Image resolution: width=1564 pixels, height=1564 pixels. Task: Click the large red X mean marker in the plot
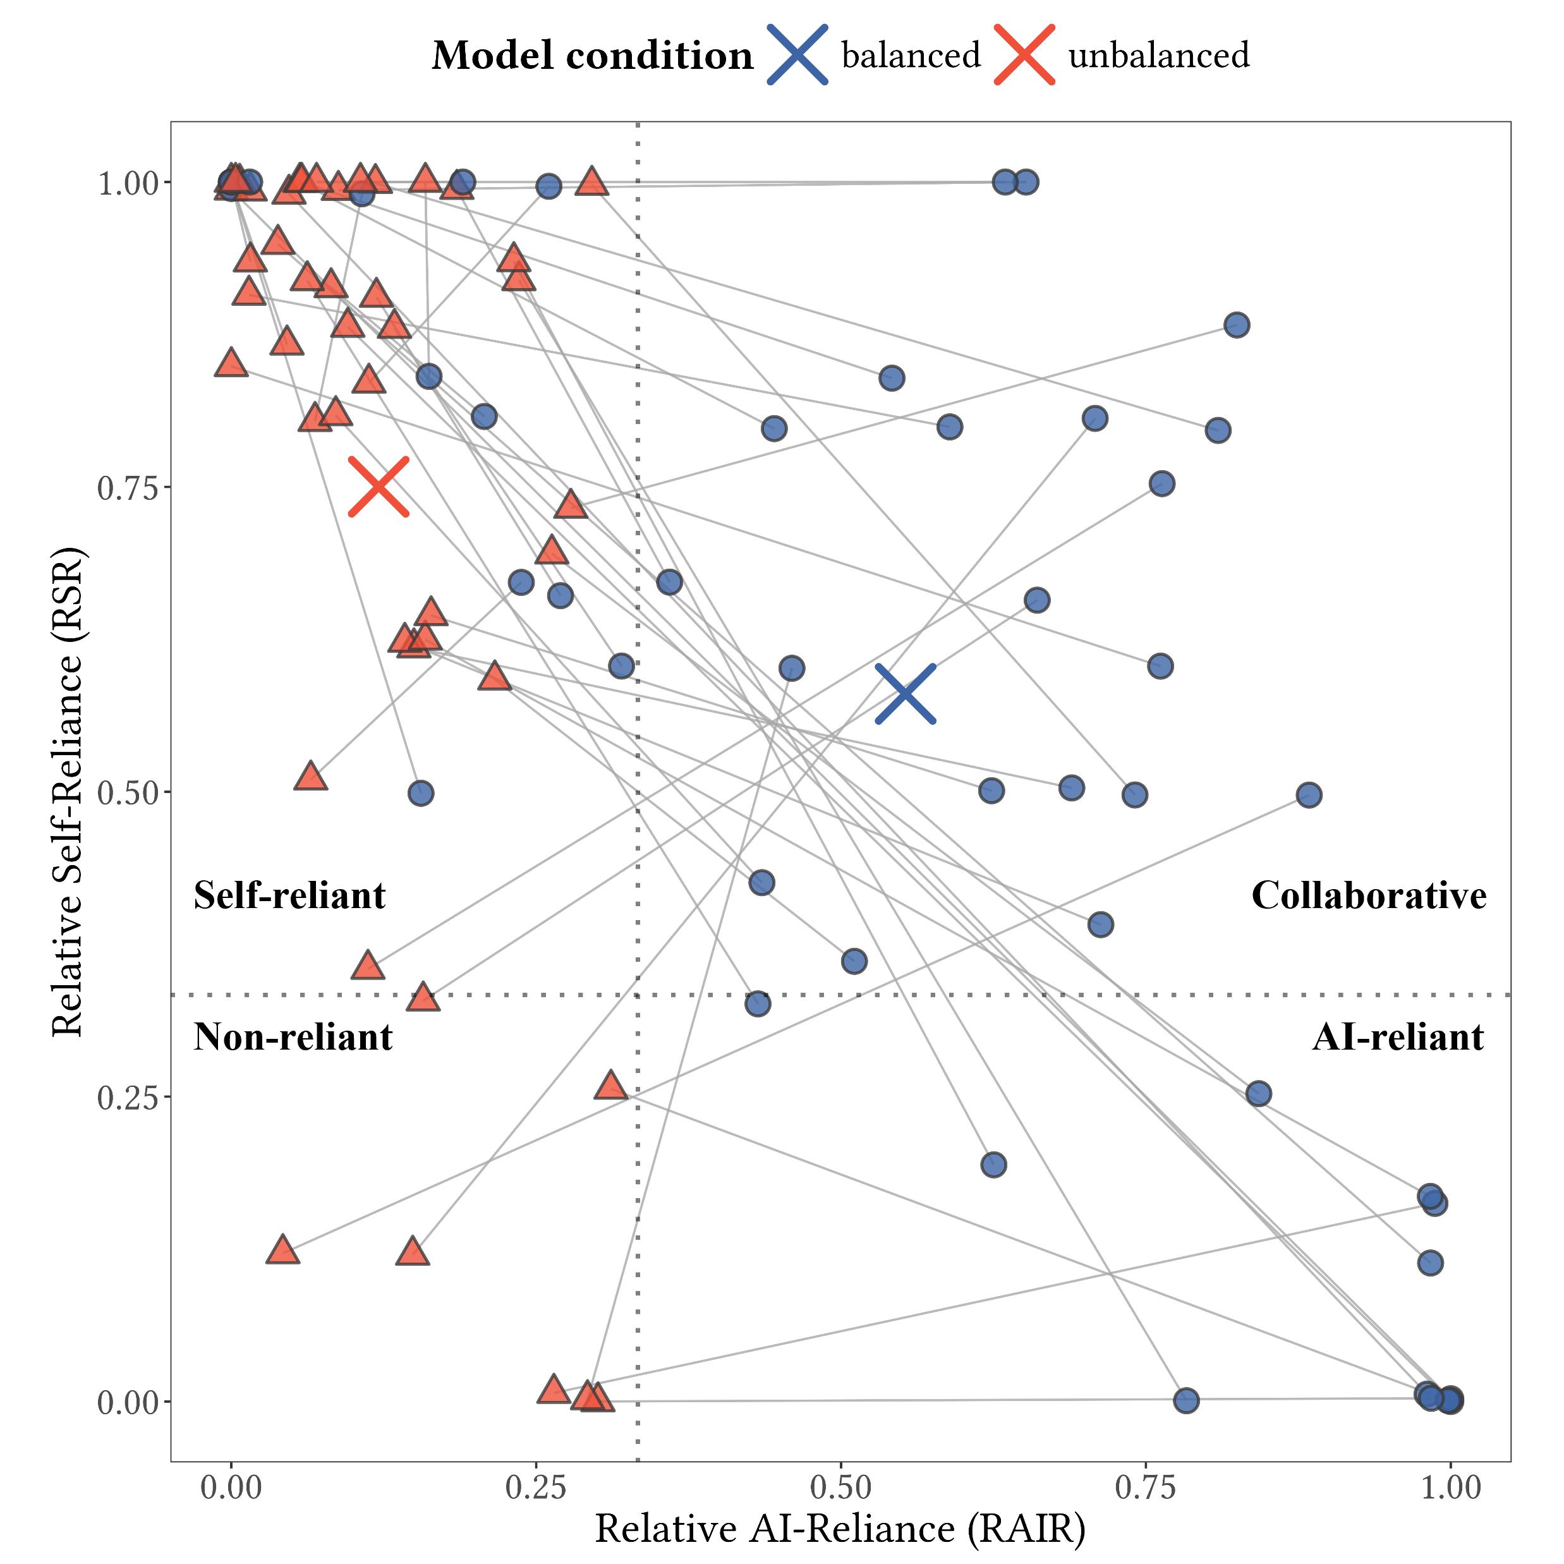point(378,487)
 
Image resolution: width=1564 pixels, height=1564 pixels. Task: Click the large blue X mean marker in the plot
point(906,694)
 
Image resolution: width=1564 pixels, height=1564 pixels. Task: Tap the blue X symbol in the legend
point(797,55)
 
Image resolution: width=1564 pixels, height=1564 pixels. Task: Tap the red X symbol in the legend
point(1024,55)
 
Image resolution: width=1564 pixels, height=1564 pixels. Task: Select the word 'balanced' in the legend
point(911,55)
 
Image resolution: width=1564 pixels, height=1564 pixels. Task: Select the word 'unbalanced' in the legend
point(1158,55)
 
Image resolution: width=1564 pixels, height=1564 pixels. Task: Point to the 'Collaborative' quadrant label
point(1369,895)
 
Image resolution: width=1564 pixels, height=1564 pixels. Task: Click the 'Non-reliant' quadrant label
point(293,1037)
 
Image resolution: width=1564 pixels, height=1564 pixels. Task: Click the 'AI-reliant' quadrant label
point(1398,1037)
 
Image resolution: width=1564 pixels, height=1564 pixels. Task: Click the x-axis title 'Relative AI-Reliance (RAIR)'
point(840,1529)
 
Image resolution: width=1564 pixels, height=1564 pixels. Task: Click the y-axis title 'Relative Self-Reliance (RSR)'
point(68,791)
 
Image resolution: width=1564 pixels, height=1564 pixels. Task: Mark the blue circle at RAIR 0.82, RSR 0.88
point(1236,325)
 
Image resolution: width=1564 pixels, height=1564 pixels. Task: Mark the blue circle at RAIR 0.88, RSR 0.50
point(1309,795)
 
